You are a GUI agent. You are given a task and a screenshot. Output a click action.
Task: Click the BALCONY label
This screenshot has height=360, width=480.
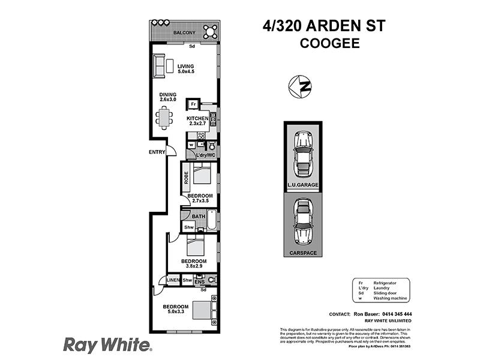coord(185,32)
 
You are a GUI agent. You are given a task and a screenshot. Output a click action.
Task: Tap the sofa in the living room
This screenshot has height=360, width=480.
coord(160,65)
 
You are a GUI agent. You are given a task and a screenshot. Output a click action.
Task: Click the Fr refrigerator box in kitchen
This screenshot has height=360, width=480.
coord(193,104)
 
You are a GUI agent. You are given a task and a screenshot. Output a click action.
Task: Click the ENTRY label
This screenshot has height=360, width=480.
coord(157,152)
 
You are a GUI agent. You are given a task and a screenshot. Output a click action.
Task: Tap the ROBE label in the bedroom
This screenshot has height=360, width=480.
coord(187,177)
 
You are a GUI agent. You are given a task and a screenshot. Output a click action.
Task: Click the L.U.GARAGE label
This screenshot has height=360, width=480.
coord(302,185)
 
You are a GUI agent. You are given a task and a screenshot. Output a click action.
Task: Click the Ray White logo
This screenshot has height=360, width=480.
coord(107,344)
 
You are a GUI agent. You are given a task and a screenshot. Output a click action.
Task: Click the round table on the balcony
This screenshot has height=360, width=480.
coord(209,29)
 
